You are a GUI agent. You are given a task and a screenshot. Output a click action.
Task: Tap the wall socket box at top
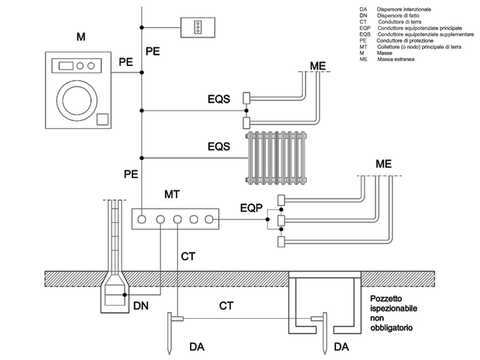[x=198, y=28]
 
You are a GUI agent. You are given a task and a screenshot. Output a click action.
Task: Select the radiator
[x=276, y=158]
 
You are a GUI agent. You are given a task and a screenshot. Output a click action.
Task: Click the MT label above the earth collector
[x=172, y=194]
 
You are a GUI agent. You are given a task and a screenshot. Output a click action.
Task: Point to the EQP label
[x=251, y=208]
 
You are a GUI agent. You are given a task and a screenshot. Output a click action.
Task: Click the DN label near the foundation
[x=141, y=305]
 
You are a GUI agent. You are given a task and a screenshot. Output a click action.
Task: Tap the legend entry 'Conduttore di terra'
[x=400, y=22]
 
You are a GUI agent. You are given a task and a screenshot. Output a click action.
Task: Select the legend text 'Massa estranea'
[x=396, y=59]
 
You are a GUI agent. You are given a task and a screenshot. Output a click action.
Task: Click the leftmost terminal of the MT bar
[x=142, y=219]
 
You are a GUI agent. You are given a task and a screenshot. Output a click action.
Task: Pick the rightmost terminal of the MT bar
[x=209, y=219]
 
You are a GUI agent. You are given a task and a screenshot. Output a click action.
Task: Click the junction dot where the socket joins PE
[x=142, y=28]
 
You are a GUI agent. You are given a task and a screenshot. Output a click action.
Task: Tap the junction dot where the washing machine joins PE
[x=142, y=73]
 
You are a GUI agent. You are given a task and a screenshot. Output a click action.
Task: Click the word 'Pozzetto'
[x=386, y=298]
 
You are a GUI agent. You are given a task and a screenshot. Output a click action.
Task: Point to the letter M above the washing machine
[x=81, y=37]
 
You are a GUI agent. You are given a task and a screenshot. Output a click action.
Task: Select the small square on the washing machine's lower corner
[x=103, y=119]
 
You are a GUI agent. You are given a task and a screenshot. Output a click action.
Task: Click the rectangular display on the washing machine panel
[x=66, y=66]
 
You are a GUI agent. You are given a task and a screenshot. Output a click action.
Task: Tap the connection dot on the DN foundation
[x=125, y=295]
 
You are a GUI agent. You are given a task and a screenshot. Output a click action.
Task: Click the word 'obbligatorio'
[x=391, y=328]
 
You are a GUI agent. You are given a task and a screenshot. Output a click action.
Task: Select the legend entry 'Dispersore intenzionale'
[x=404, y=10]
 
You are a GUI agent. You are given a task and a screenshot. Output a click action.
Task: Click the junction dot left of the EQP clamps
[x=268, y=219]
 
